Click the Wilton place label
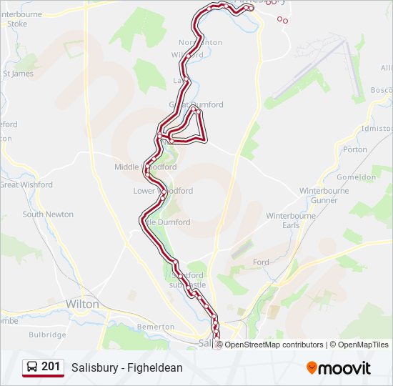pos(82,304)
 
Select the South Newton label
pos(48,214)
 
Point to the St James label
pos(19,74)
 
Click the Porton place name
pos(355,149)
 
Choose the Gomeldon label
pos(356,177)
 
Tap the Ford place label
pos(261,262)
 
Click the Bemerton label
pos(155,327)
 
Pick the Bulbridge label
pos(49,335)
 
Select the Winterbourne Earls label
pos(282,220)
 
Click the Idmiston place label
pos(377,129)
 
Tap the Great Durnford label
pos(196,104)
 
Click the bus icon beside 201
pos(32,367)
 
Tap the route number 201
pos(51,367)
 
